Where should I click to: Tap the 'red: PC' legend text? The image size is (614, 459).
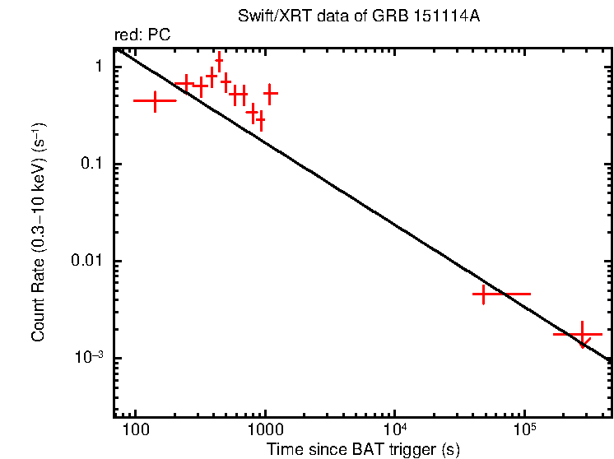tap(142, 36)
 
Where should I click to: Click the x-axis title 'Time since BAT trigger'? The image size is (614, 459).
tap(362, 449)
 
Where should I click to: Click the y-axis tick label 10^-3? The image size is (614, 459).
tap(86, 358)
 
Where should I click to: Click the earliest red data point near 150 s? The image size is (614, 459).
tap(155, 100)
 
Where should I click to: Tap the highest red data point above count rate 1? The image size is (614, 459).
tap(219, 61)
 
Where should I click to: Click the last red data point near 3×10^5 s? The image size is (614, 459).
tap(583, 334)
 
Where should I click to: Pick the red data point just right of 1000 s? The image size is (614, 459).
tap(270, 94)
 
